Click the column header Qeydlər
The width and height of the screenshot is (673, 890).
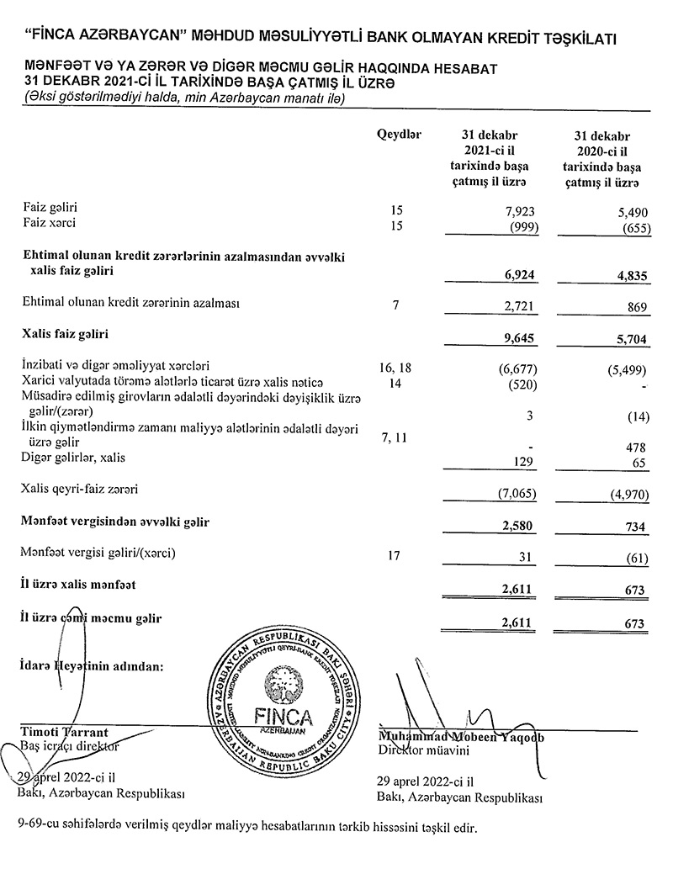click(400, 135)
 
